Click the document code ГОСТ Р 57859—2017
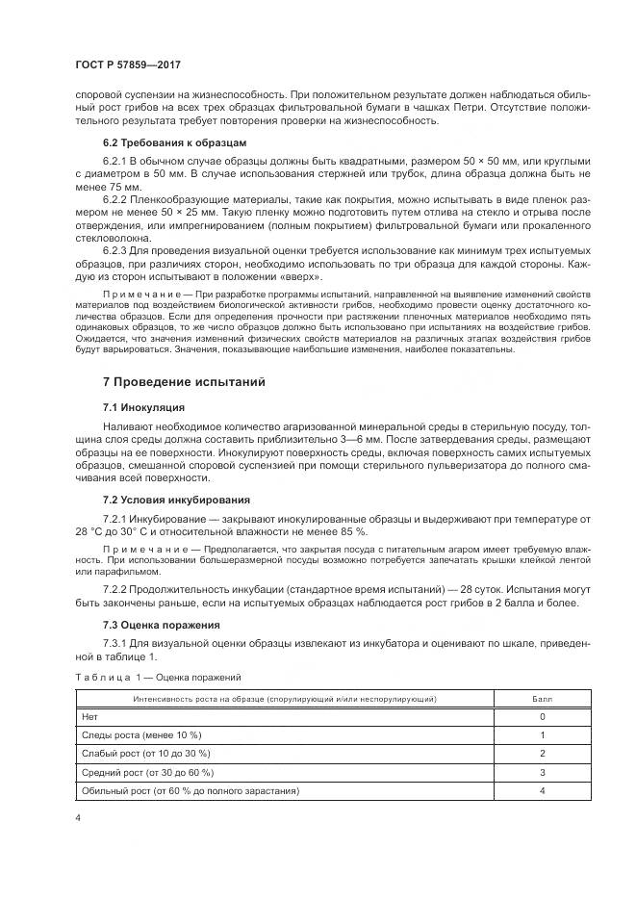coord(128,64)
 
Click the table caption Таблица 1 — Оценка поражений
coord(158,678)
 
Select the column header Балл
coord(542,698)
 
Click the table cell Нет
coord(90,717)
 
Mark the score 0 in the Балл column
coord(542,717)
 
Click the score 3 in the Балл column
coord(542,772)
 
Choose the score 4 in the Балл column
coord(542,790)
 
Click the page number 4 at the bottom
coord(76,817)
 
